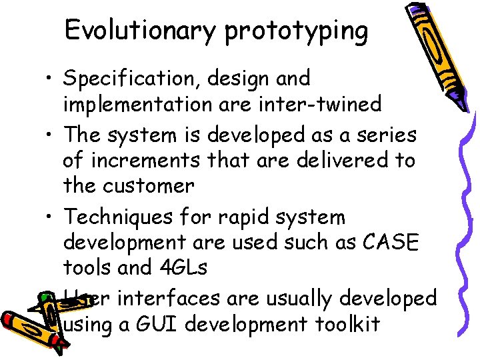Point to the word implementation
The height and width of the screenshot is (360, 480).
(138, 105)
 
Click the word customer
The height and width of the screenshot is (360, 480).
(147, 186)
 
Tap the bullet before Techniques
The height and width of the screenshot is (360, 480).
(51, 218)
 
